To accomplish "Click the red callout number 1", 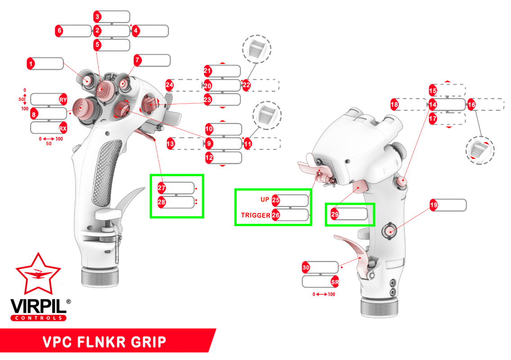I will click(31, 64).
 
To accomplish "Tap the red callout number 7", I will click(138, 60).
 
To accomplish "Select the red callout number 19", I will click(434, 205).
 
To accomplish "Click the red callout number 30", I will click(306, 267).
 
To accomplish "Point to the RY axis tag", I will click(63, 99).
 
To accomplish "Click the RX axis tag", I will click(63, 128).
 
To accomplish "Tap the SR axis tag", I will click(335, 282).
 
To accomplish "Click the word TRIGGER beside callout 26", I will click(255, 215).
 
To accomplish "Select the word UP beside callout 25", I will click(265, 199).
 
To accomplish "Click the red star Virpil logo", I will click(38, 273).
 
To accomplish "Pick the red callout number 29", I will click(335, 214).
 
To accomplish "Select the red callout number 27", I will click(162, 188).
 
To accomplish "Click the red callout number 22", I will click(246, 85).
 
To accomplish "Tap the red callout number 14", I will click(433, 105).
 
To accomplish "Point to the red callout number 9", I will click(209, 144).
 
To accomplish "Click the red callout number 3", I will click(98, 17).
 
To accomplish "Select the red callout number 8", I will click(34, 114).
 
